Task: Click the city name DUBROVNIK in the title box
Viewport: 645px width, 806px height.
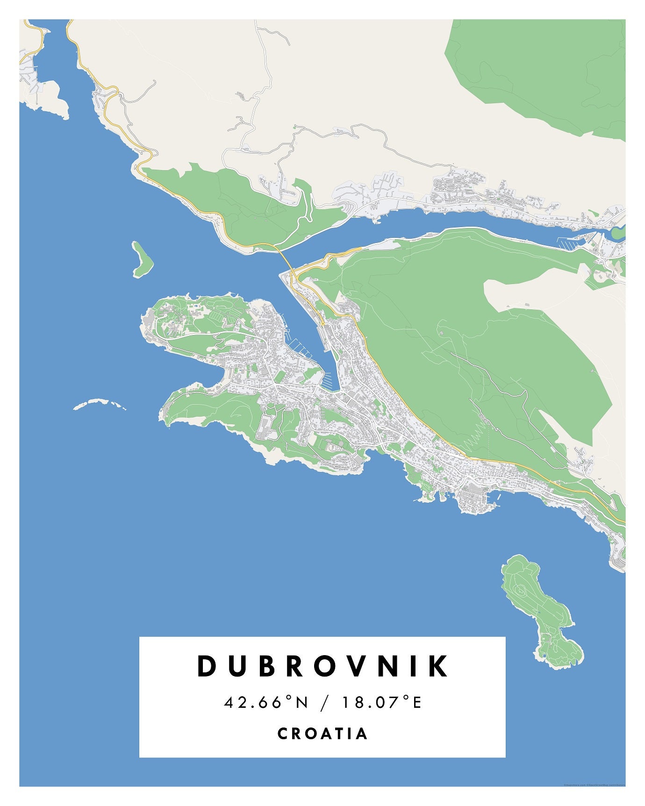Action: (322, 666)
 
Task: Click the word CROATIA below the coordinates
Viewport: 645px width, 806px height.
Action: (322, 734)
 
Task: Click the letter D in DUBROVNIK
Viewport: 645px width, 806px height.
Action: (206, 666)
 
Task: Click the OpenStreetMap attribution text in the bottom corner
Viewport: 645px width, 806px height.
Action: (594, 785)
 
